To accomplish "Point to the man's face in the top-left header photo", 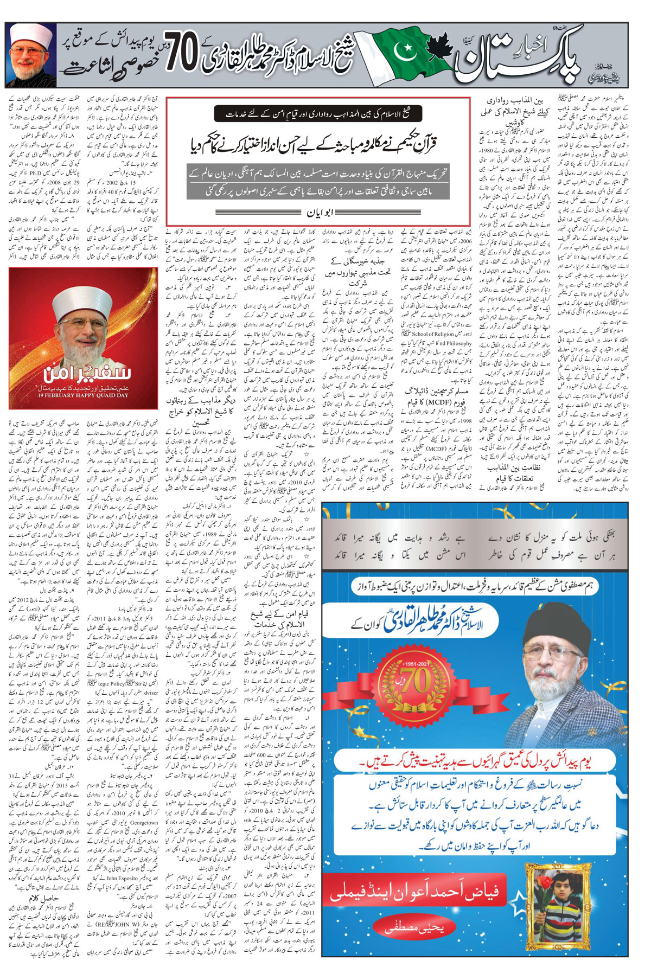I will [28, 56].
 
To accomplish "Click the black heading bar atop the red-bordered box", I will [317, 114].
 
